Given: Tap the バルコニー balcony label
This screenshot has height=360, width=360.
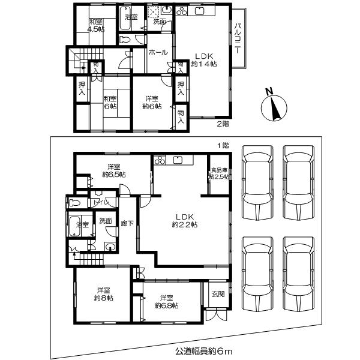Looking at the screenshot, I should click(238, 39).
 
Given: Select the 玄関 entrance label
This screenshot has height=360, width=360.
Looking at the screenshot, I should click(218, 293).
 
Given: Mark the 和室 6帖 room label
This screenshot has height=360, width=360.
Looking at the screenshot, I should click(109, 102).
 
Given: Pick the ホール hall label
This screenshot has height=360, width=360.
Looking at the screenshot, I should click(157, 52).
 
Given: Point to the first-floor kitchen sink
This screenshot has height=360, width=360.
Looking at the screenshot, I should click(179, 160).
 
